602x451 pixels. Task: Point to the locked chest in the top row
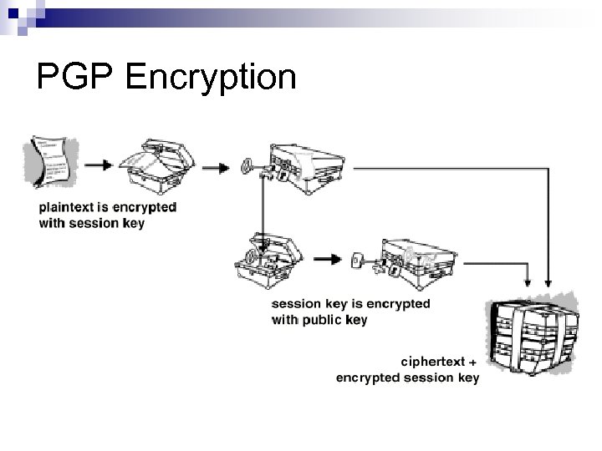[x=309, y=165]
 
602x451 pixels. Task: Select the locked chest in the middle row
[x=416, y=260]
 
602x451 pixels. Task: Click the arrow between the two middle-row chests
[x=328, y=258]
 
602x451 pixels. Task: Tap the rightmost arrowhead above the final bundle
[x=548, y=281]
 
